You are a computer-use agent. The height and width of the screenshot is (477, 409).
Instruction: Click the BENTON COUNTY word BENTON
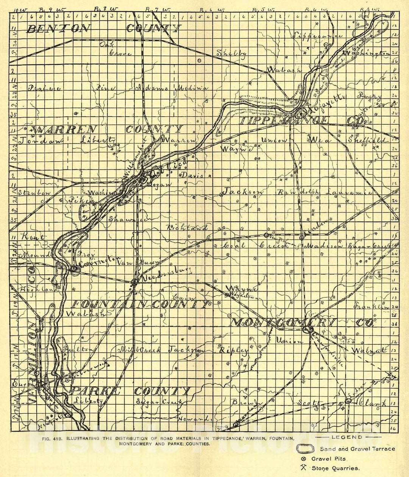click(x=59, y=28)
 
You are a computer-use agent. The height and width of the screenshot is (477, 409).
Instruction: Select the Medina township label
click(x=191, y=88)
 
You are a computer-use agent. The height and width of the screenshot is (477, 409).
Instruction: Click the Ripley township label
click(x=234, y=350)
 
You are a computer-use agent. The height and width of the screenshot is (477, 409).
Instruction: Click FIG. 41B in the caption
click(x=52, y=438)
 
